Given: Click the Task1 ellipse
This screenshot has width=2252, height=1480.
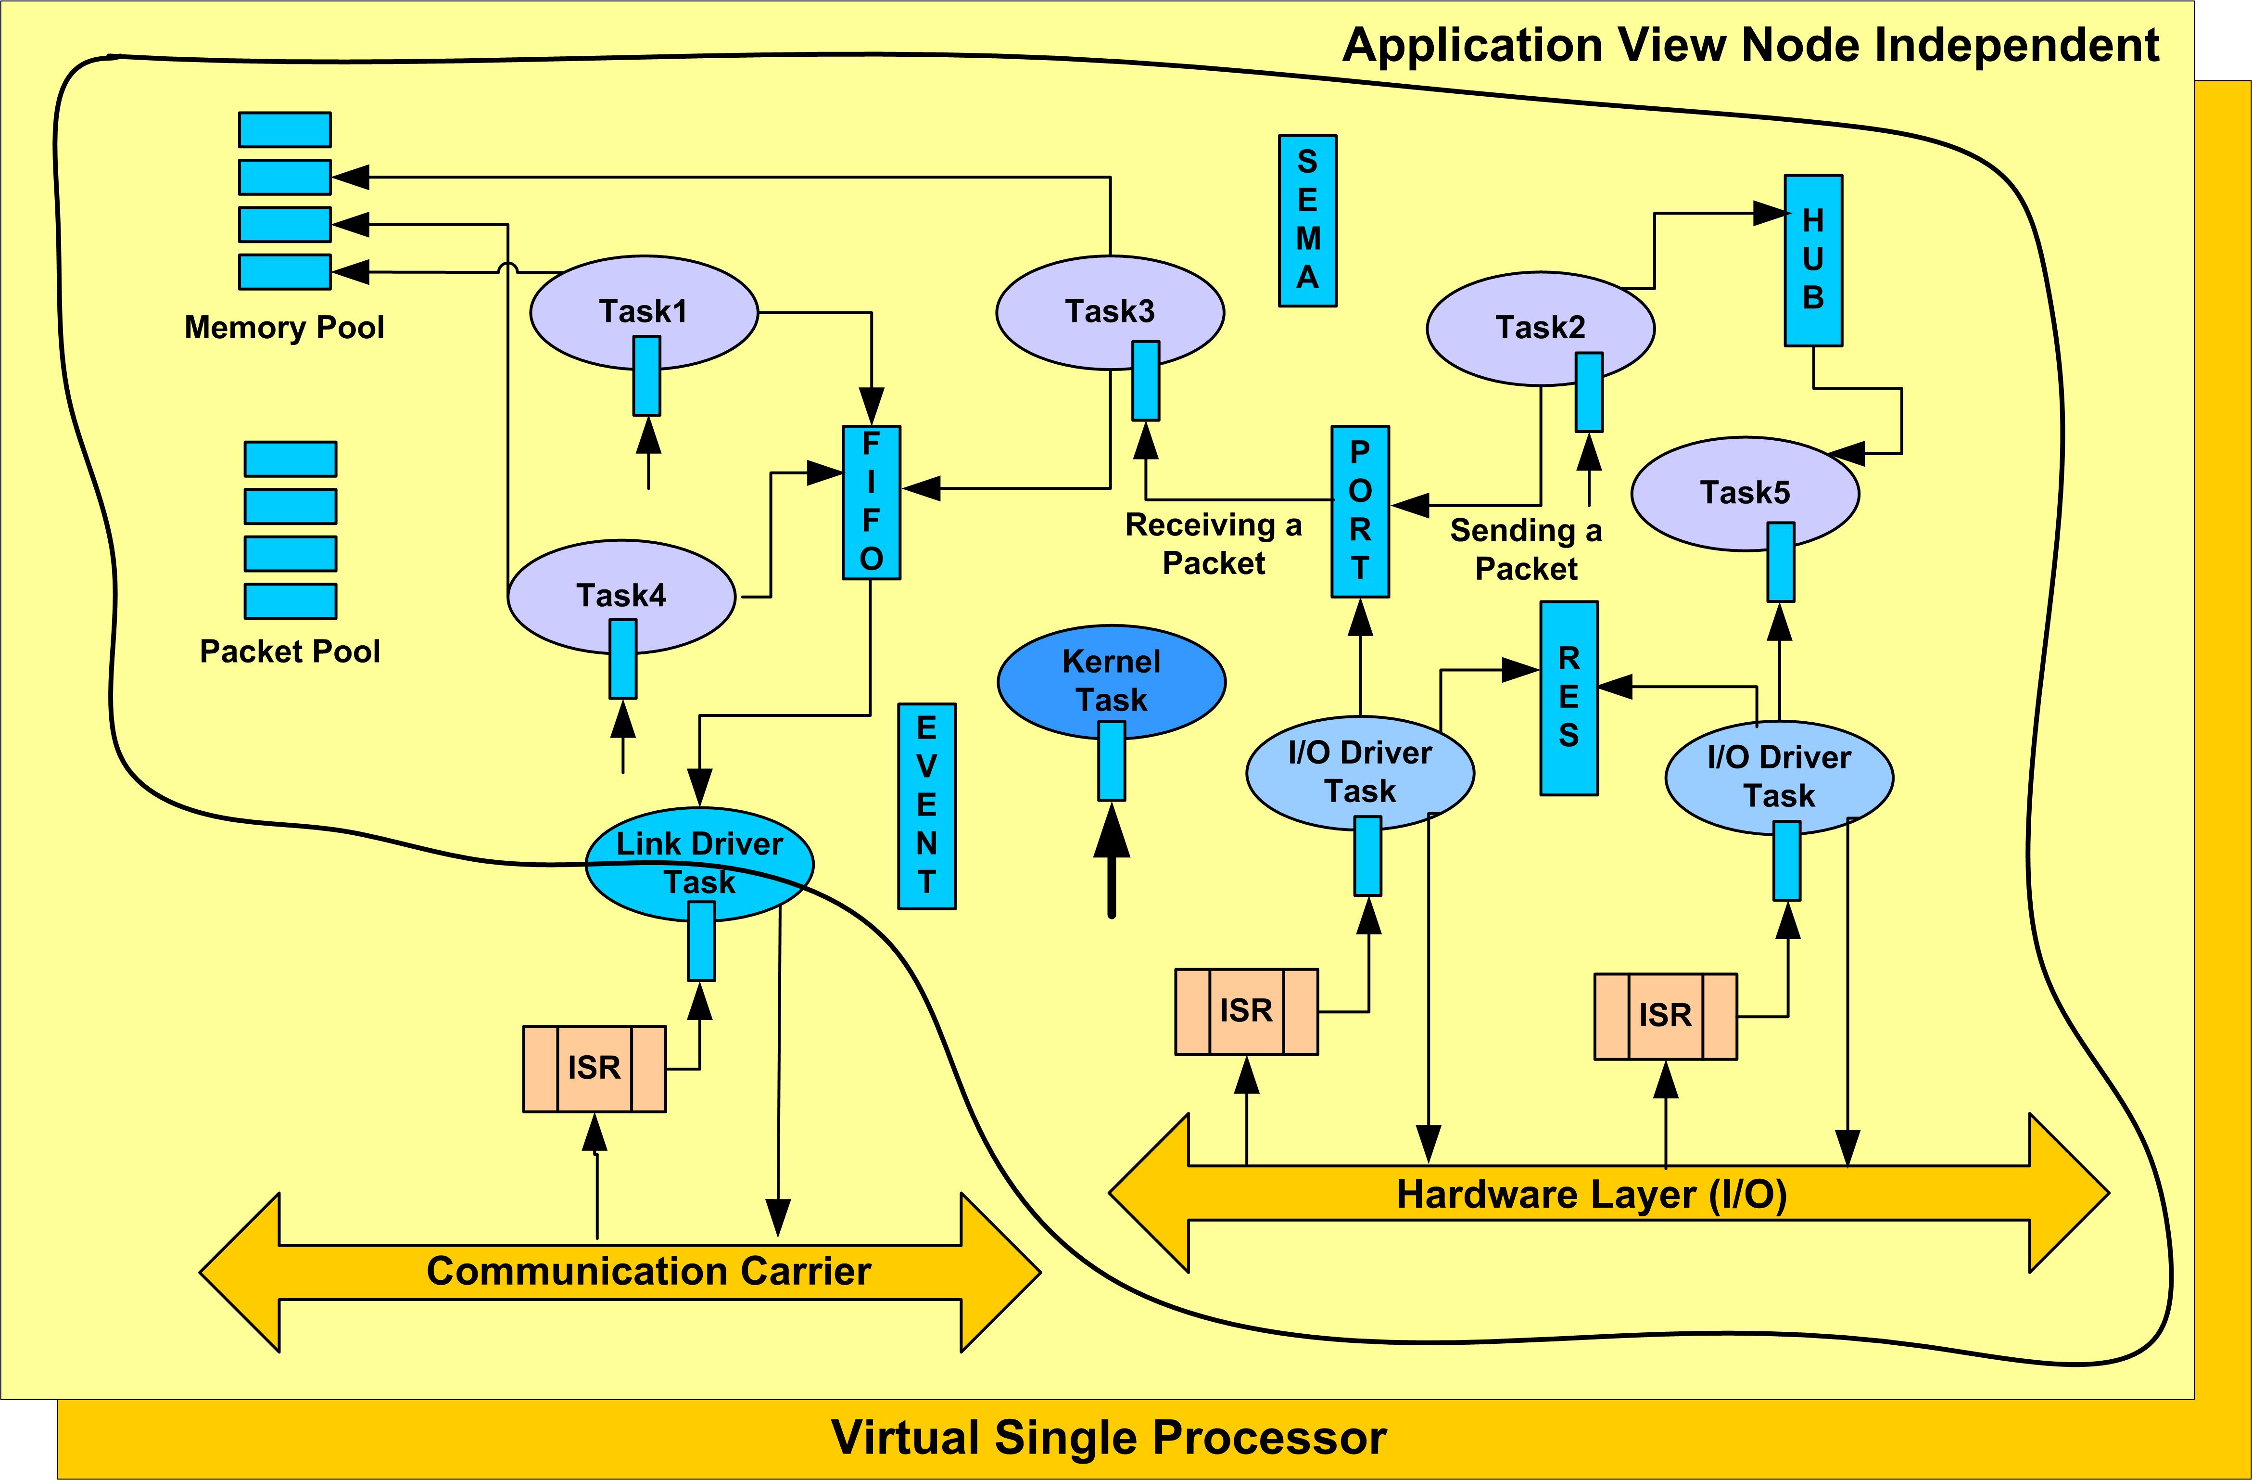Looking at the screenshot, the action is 644,312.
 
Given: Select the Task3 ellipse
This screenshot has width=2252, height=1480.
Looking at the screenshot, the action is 1110,312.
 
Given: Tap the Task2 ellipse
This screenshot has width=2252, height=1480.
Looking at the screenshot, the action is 1541,328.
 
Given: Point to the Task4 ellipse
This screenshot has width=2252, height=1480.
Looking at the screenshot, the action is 621,596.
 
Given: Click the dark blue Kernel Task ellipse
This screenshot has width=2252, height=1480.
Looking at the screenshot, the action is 1112,681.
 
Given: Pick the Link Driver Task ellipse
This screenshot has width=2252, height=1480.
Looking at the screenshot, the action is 699,863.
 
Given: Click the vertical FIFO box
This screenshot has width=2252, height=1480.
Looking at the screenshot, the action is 872,502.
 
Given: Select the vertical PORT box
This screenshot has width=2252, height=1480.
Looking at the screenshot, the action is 1360,511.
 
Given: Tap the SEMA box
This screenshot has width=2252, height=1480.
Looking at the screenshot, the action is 1308,220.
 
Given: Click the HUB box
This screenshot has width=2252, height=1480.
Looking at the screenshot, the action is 1813,260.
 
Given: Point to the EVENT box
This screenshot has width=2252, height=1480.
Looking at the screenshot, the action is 926,806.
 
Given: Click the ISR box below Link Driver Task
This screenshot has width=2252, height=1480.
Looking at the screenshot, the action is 594,1068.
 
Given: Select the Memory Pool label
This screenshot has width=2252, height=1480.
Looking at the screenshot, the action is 284,327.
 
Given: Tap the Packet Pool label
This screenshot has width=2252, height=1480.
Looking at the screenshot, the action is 290,651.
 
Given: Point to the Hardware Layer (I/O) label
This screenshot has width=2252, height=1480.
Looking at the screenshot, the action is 1592,1194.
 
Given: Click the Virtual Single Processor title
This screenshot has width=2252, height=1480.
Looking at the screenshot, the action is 1109,1437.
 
